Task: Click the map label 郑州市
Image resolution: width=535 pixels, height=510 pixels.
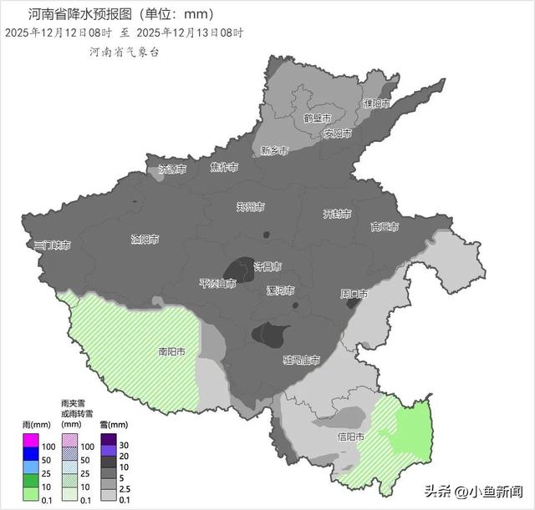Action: [x=250, y=206]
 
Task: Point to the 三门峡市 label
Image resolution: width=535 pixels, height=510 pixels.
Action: [x=51, y=245]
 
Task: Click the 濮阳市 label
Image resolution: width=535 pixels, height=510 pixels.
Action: [x=376, y=104]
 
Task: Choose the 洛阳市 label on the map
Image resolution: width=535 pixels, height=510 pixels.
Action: [x=145, y=240]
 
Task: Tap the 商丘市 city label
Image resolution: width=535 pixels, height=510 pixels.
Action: [x=385, y=227]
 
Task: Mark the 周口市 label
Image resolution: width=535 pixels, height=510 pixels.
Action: [x=354, y=294]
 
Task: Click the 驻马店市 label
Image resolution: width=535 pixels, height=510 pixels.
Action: [x=301, y=360]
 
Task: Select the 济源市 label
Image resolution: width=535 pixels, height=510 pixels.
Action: [x=172, y=169]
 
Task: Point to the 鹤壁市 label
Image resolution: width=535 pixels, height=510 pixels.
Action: [x=318, y=118]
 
